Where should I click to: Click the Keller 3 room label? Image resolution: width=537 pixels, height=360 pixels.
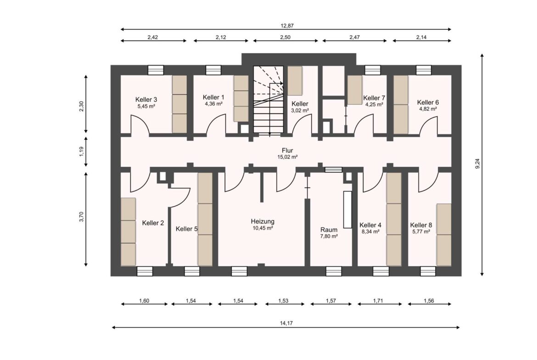146,100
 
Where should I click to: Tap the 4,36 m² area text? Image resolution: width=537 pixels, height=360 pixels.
214,104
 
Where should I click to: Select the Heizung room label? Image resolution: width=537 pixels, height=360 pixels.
263,222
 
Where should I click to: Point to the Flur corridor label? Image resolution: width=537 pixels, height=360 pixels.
287,150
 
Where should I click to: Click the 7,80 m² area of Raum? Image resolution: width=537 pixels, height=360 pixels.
329,236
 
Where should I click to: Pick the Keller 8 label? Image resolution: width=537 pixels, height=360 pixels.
421,225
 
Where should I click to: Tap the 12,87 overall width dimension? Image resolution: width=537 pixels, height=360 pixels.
287,26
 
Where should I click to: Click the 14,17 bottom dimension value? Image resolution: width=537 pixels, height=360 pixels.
287,323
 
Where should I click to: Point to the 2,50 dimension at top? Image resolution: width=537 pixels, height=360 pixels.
285,37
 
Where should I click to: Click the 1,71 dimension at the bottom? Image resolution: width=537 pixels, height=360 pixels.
378,301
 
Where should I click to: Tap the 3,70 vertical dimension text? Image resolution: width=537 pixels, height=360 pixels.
82,217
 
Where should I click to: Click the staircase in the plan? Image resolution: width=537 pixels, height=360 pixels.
268,100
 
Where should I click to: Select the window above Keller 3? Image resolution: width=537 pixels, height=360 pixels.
156,70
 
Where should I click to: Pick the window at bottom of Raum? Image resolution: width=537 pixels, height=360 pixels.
334,271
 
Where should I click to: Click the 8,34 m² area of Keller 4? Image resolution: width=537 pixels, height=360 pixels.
370,232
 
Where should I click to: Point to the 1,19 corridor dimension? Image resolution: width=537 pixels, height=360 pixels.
82,152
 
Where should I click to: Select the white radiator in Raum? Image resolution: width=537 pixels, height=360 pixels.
347,210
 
